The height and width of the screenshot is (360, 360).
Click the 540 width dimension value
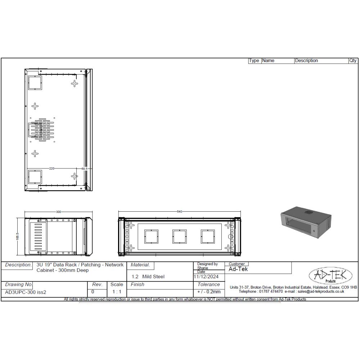(x=180, y=212)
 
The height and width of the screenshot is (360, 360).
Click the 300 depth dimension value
(x=58, y=212)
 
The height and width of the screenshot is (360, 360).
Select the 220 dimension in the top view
(x=52, y=168)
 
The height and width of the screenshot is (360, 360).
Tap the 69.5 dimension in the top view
(x=85, y=168)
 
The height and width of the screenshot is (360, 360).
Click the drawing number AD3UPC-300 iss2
(x=26, y=292)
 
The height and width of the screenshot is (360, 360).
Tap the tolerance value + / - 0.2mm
(x=209, y=292)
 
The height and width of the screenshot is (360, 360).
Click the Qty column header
(x=353, y=61)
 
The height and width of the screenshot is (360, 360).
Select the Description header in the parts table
(x=306, y=61)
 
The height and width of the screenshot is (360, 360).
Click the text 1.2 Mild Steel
(x=148, y=276)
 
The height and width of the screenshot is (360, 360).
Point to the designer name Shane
(x=203, y=268)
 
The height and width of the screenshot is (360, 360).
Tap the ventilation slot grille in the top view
(x=42, y=128)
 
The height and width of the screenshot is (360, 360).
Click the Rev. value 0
(x=93, y=292)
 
